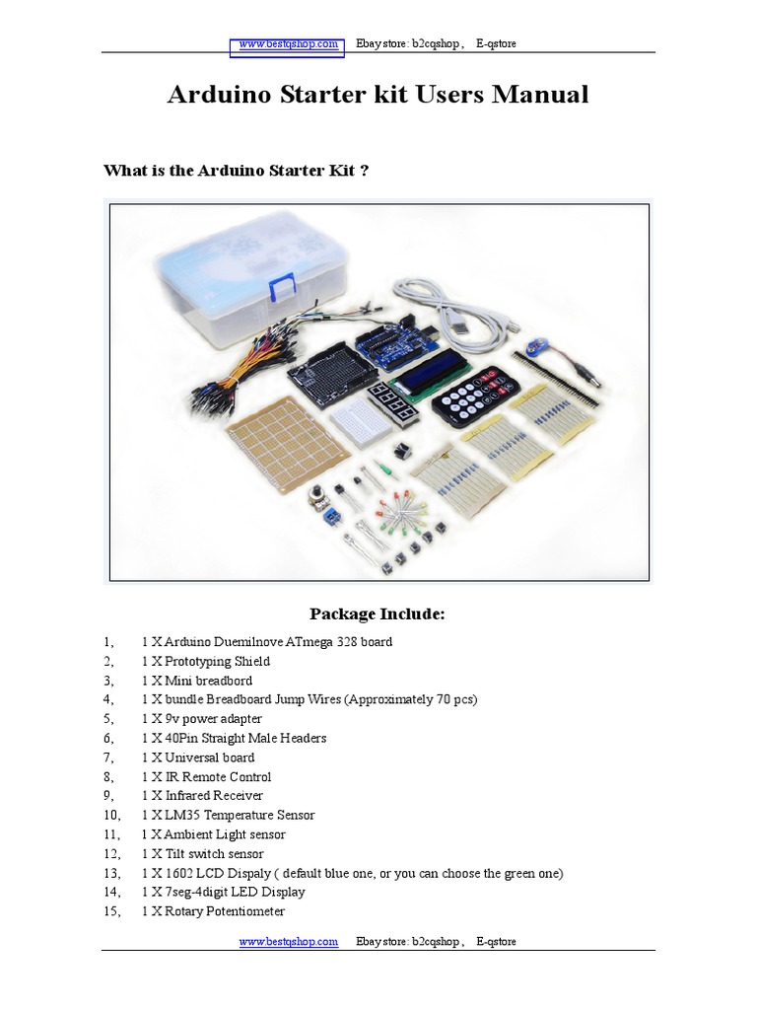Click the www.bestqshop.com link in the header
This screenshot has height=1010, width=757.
click(x=287, y=44)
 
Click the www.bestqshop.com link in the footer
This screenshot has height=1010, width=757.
click(x=289, y=942)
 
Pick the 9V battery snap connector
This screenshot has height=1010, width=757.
click(x=534, y=348)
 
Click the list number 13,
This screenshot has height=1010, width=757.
click(x=112, y=873)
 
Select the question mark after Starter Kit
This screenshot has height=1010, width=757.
click(x=364, y=171)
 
